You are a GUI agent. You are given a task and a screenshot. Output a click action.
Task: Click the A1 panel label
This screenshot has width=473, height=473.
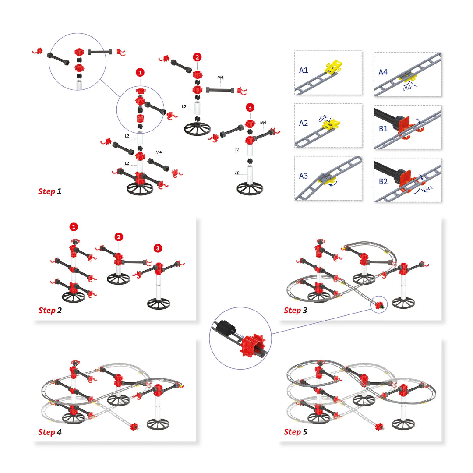tap(304, 70)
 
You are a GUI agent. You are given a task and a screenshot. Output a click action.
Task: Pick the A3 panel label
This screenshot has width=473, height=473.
tap(304, 176)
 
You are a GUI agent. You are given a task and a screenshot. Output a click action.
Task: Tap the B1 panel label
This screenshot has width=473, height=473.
tap(384, 129)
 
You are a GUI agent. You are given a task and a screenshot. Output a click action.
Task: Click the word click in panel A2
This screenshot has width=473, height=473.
tap(323, 119)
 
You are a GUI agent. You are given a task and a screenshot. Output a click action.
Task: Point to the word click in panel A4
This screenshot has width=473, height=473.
tap(407, 88)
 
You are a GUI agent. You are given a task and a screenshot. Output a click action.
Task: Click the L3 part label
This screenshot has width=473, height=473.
tap(236, 173)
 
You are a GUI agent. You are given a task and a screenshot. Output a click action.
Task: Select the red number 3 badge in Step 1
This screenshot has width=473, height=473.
tap(250, 108)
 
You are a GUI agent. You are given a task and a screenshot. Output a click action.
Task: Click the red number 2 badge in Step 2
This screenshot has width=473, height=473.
tap(119, 237)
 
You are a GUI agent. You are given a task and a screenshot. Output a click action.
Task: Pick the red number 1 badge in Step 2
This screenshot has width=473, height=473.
tap(74, 227)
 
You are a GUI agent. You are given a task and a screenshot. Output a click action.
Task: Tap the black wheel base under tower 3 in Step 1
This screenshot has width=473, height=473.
tap(250, 189)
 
